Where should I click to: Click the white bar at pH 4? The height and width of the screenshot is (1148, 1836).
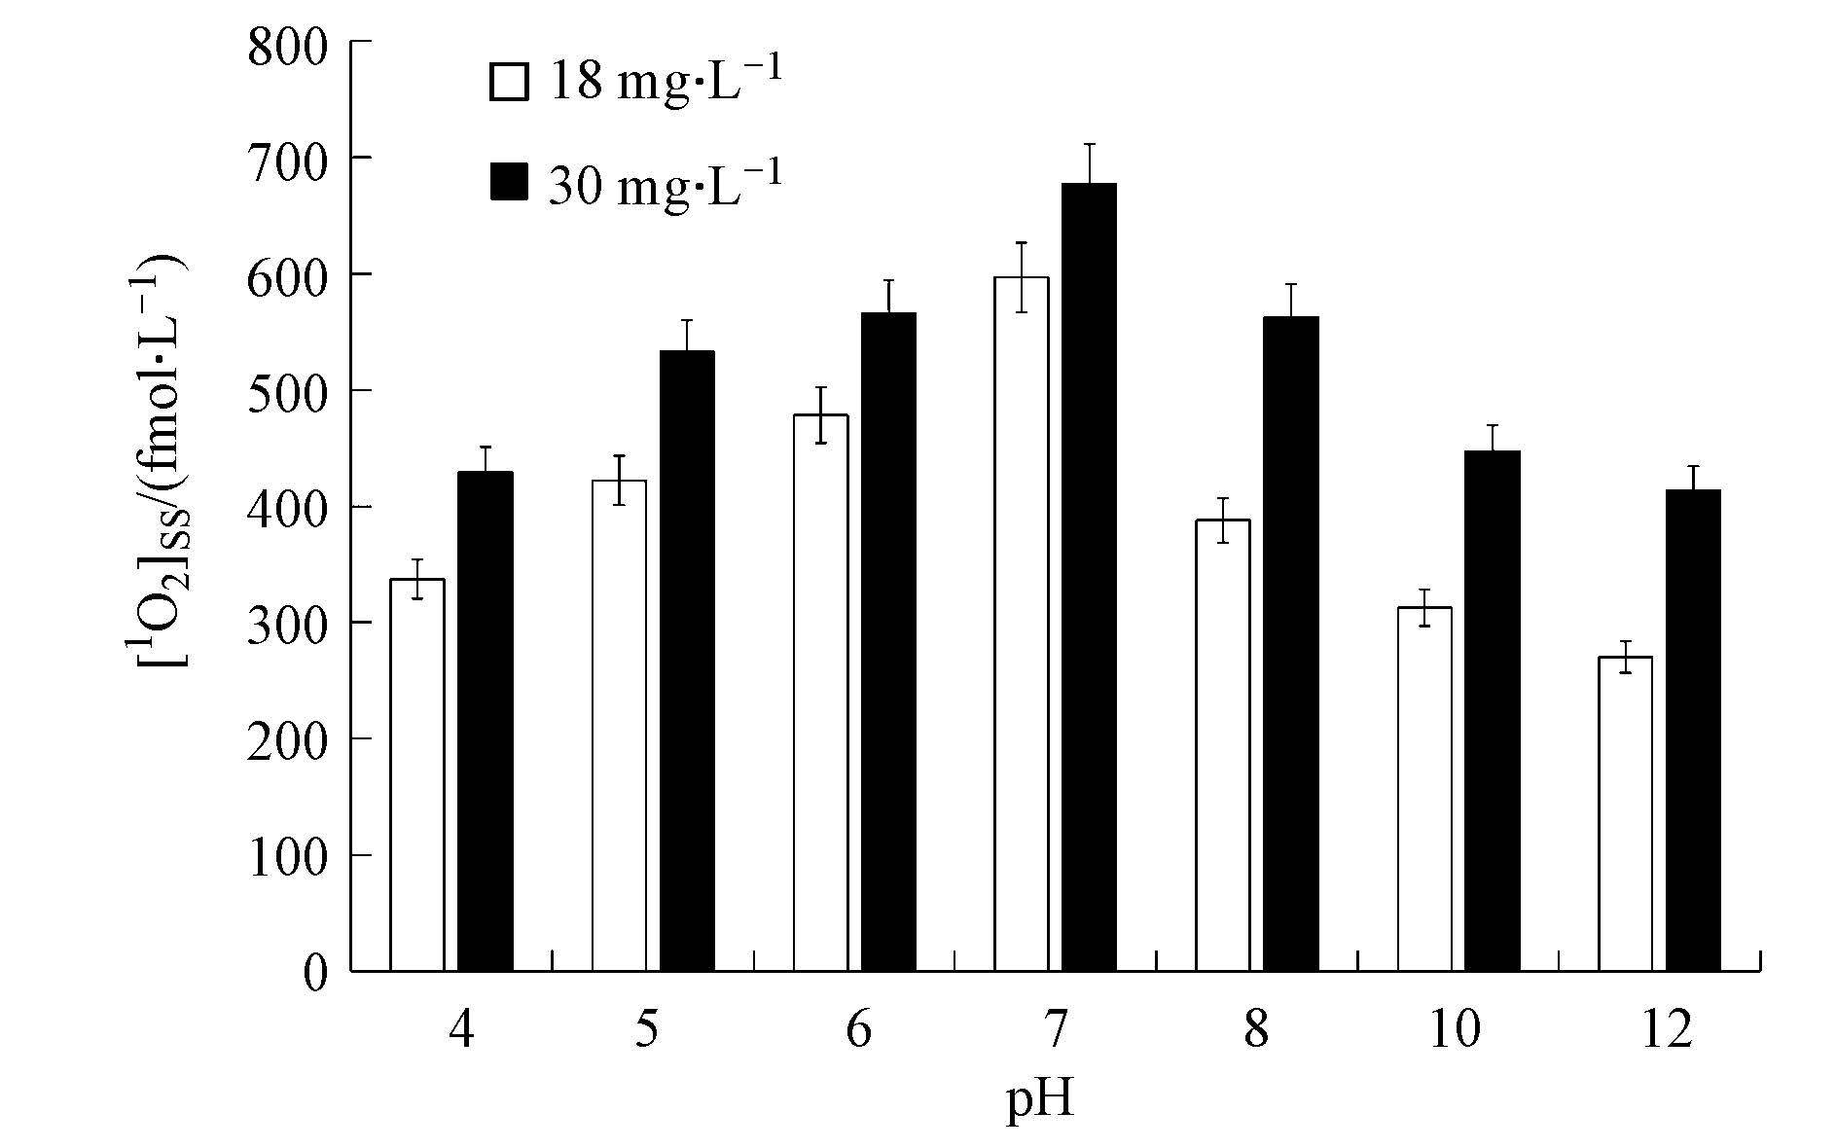417,774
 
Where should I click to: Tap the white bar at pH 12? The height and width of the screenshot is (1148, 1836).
1625,813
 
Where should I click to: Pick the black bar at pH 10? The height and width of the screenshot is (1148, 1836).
1492,710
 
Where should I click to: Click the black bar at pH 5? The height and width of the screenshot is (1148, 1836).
687,661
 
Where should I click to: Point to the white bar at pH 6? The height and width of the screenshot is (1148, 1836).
820,692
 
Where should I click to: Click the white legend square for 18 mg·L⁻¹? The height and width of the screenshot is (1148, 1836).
509,83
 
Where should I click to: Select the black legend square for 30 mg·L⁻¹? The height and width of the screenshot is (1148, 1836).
509,182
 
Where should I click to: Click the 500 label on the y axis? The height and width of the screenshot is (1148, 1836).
288,391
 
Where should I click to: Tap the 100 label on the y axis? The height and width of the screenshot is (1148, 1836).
288,856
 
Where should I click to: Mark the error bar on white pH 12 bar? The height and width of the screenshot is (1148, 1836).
1625,657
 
